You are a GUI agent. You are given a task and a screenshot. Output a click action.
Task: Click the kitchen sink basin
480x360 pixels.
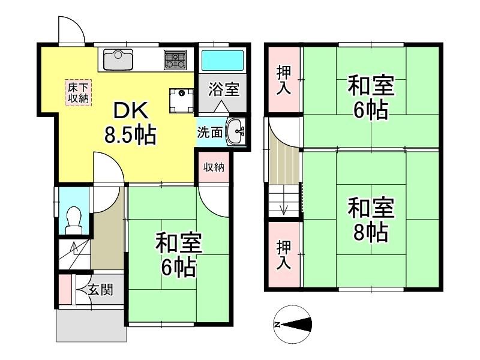point(118,59)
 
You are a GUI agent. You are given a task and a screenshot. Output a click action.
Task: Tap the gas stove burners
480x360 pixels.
point(175,59)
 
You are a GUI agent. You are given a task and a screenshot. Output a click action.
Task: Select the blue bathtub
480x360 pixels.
point(223,60)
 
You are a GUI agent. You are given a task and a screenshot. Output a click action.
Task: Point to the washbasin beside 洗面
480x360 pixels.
point(235,131)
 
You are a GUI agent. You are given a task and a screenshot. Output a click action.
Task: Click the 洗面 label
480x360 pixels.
point(209,133)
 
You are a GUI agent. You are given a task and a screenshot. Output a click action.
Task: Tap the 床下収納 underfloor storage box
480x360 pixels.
point(78,93)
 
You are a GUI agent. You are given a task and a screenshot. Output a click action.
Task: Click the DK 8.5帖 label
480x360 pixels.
point(131,123)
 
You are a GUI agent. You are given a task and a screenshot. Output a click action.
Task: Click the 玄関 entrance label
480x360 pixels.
point(100,289)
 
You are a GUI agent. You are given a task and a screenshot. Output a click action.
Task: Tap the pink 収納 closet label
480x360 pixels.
point(214,167)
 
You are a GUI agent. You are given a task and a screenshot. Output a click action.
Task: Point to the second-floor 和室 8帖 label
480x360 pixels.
point(371,220)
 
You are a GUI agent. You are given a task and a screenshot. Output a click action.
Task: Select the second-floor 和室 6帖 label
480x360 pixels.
point(371,98)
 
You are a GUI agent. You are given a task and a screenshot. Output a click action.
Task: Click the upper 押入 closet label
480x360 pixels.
point(284,80)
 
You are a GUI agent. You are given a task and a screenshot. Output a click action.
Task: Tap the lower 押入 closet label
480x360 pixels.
point(284,254)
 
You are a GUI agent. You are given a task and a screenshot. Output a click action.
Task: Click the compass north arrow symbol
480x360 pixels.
point(292,324)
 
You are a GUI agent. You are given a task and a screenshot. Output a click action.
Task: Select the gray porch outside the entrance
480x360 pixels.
point(91,325)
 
